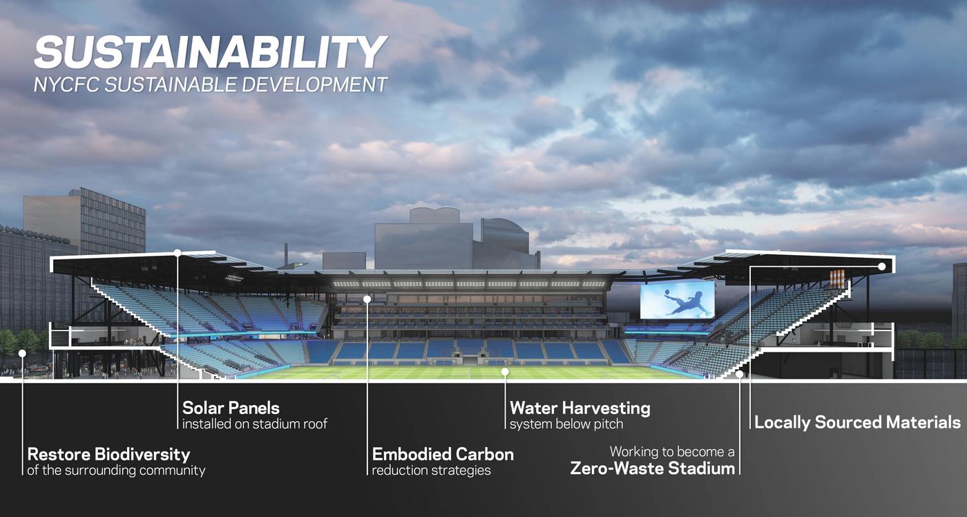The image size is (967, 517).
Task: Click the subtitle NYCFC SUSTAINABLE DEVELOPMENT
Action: click(211, 85)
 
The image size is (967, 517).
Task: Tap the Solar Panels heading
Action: click(231, 407)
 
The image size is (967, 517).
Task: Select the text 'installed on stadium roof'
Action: click(254, 424)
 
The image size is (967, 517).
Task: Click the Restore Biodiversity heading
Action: click(108, 454)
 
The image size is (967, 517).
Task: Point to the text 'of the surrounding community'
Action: click(116, 471)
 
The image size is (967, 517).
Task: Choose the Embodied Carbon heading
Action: click(443, 454)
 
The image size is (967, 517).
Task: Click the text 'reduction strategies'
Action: click(431, 471)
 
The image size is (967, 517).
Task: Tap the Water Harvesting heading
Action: click(580, 408)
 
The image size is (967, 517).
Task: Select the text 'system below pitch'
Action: click(566, 424)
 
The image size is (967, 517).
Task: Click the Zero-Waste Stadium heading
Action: click(652, 468)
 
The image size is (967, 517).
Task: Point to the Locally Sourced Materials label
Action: click(857, 422)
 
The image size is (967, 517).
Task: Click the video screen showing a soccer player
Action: click(677, 300)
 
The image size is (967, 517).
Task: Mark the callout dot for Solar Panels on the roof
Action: click(178, 253)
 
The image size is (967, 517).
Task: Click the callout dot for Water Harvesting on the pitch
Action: click(505, 372)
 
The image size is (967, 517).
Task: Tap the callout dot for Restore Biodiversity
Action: click(22, 353)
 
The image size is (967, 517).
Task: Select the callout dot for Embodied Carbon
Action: click(367, 299)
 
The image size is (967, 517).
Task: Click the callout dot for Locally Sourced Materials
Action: click(882, 266)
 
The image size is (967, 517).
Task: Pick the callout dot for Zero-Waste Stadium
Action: click(739, 374)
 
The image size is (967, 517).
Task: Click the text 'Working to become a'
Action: click(671, 452)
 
